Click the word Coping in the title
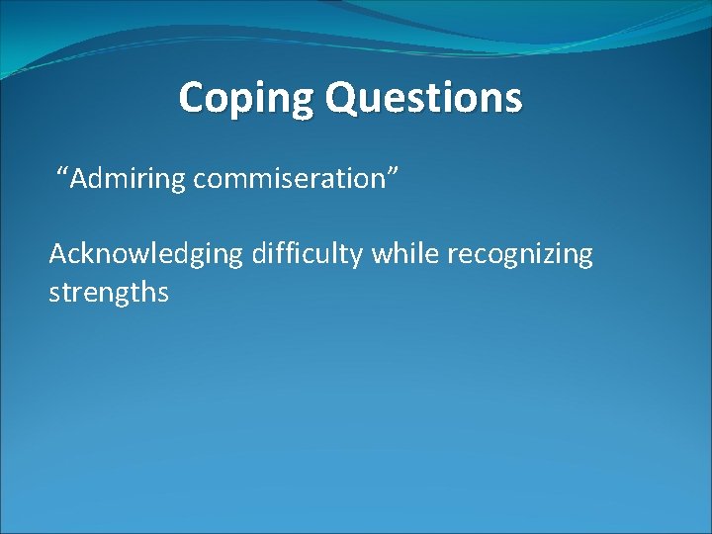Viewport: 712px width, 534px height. [x=246, y=98]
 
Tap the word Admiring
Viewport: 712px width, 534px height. [x=129, y=179]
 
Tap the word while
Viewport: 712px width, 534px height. [x=404, y=255]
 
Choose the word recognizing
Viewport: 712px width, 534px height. [x=520, y=255]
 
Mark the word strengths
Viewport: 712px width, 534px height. [x=109, y=293]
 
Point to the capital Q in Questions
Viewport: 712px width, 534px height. [x=341, y=98]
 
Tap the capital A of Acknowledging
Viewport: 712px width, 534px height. [x=58, y=254]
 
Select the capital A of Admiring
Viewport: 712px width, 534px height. [x=79, y=179]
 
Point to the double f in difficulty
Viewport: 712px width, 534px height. [x=288, y=254]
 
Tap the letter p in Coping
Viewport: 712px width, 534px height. [x=243, y=102]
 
